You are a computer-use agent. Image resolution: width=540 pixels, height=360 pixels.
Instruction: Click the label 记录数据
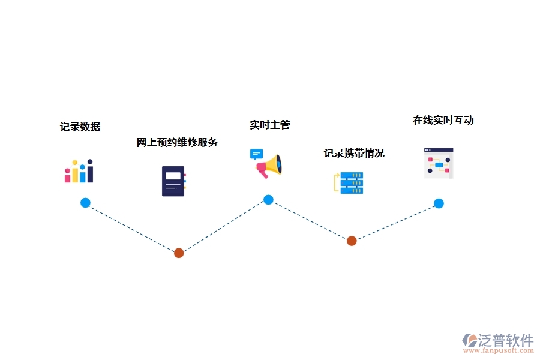(80, 127)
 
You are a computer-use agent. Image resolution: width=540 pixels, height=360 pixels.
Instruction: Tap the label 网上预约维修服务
(177, 143)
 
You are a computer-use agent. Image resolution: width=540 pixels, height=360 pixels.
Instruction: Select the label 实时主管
(270, 125)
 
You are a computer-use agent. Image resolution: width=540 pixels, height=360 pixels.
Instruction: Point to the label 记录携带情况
(354, 154)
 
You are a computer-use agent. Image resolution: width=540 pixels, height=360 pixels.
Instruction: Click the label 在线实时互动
(443, 121)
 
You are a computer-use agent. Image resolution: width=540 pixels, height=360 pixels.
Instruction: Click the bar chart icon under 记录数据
(79, 171)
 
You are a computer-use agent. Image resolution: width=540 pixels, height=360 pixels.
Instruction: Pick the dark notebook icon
(173, 181)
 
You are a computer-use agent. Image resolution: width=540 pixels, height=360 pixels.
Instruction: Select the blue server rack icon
(351, 182)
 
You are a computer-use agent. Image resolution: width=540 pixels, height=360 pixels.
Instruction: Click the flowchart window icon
(439, 163)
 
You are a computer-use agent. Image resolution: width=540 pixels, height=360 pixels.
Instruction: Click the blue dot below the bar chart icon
(85, 203)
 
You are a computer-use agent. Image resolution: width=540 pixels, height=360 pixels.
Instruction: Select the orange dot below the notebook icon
(179, 253)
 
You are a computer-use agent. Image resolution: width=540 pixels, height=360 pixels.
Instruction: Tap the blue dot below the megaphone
(268, 200)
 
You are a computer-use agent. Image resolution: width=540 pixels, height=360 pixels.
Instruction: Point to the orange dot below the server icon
(352, 241)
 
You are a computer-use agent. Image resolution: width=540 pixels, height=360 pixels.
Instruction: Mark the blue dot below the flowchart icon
(439, 203)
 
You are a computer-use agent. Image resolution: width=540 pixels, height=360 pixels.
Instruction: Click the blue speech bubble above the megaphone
(256, 154)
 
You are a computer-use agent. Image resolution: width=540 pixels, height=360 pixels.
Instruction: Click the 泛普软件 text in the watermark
(506, 340)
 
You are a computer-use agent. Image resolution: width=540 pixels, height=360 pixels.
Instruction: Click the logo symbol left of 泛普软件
(470, 341)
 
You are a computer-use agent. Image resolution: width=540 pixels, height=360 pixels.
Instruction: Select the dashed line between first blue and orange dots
(132, 228)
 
